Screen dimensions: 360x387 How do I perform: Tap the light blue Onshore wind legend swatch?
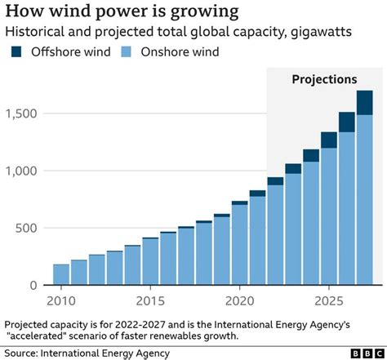tap(125, 52)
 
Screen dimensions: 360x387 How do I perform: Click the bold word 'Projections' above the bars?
tap(324, 80)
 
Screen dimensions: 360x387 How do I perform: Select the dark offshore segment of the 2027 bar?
tap(364, 103)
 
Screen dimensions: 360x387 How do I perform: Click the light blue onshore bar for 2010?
tap(61, 275)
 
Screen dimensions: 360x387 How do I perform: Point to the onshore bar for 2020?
tap(239, 245)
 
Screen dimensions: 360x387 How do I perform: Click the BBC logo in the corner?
tap(361, 353)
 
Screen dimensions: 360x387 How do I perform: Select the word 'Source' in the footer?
tap(24, 353)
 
